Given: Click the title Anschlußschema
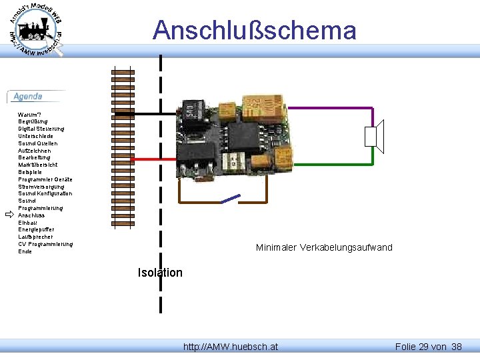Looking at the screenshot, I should pyautogui.click(x=254, y=31).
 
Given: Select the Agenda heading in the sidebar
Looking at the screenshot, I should pyautogui.click(x=28, y=97).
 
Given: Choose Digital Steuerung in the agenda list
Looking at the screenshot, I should pyautogui.click(x=41, y=129).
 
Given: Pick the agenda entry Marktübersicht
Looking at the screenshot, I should pyautogui.click(x=37, y=165).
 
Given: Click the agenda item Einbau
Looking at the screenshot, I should pyautogui.click(x=27, y=223).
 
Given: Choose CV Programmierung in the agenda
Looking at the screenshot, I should pyautogui.click(x=45, y=244).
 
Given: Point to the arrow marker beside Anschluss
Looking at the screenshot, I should pyautogui.click(x=9, y=215).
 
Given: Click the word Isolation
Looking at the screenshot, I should pyautogui.click(x=160, y=273).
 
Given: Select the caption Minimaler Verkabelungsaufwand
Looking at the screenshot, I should pyautogui.click(x=324, y=248).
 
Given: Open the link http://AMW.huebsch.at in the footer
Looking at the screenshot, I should pyautogui.click(x=231, y=347).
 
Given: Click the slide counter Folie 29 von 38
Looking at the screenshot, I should pyautogui.click(x=428, y=347).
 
